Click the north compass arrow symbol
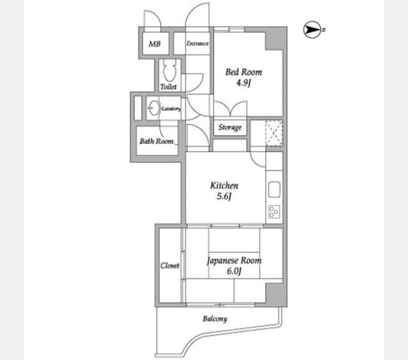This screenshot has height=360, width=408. point(312,29)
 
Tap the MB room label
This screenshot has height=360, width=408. point(155,44)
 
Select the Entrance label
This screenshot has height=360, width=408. point(197,43)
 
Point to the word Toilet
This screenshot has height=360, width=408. point(169,86)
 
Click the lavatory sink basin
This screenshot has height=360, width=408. point(154,107)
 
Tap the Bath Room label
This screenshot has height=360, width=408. point(157,141)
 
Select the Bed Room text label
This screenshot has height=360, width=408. point(244,72)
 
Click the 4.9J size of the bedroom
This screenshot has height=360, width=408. point(243,83)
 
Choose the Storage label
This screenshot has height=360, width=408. point(230,127)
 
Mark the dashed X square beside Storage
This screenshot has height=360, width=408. point(274,133)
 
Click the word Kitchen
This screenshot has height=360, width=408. point(224,185)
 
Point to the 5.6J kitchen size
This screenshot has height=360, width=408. point(224,196)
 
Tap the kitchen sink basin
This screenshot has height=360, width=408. point(274,190)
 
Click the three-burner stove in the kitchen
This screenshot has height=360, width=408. point(274,211)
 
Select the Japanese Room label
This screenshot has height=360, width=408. point(234,260)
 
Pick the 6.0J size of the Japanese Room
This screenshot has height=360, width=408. point(234,271)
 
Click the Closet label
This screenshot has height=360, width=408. point(170,265)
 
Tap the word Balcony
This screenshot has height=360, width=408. point(215,319)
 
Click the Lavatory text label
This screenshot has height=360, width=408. point(171,109)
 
